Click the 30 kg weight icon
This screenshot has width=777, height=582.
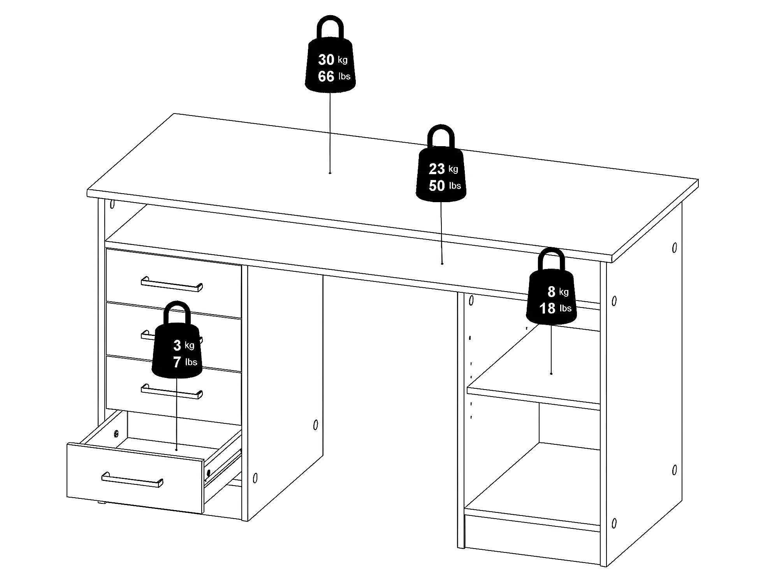[330, 66]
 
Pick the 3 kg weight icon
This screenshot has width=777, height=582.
[177, 352]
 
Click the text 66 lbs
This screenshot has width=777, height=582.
[334, 76]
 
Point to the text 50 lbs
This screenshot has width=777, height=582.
[445, 186]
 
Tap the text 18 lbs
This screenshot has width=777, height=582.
[555, 308]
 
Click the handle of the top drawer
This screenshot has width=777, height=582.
[172, 284]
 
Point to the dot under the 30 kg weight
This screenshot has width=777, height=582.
[330, 173]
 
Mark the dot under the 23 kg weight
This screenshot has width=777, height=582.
[442, 264]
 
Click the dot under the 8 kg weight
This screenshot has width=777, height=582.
[551, 374]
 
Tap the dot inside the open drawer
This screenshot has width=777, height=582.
[176, 450]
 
